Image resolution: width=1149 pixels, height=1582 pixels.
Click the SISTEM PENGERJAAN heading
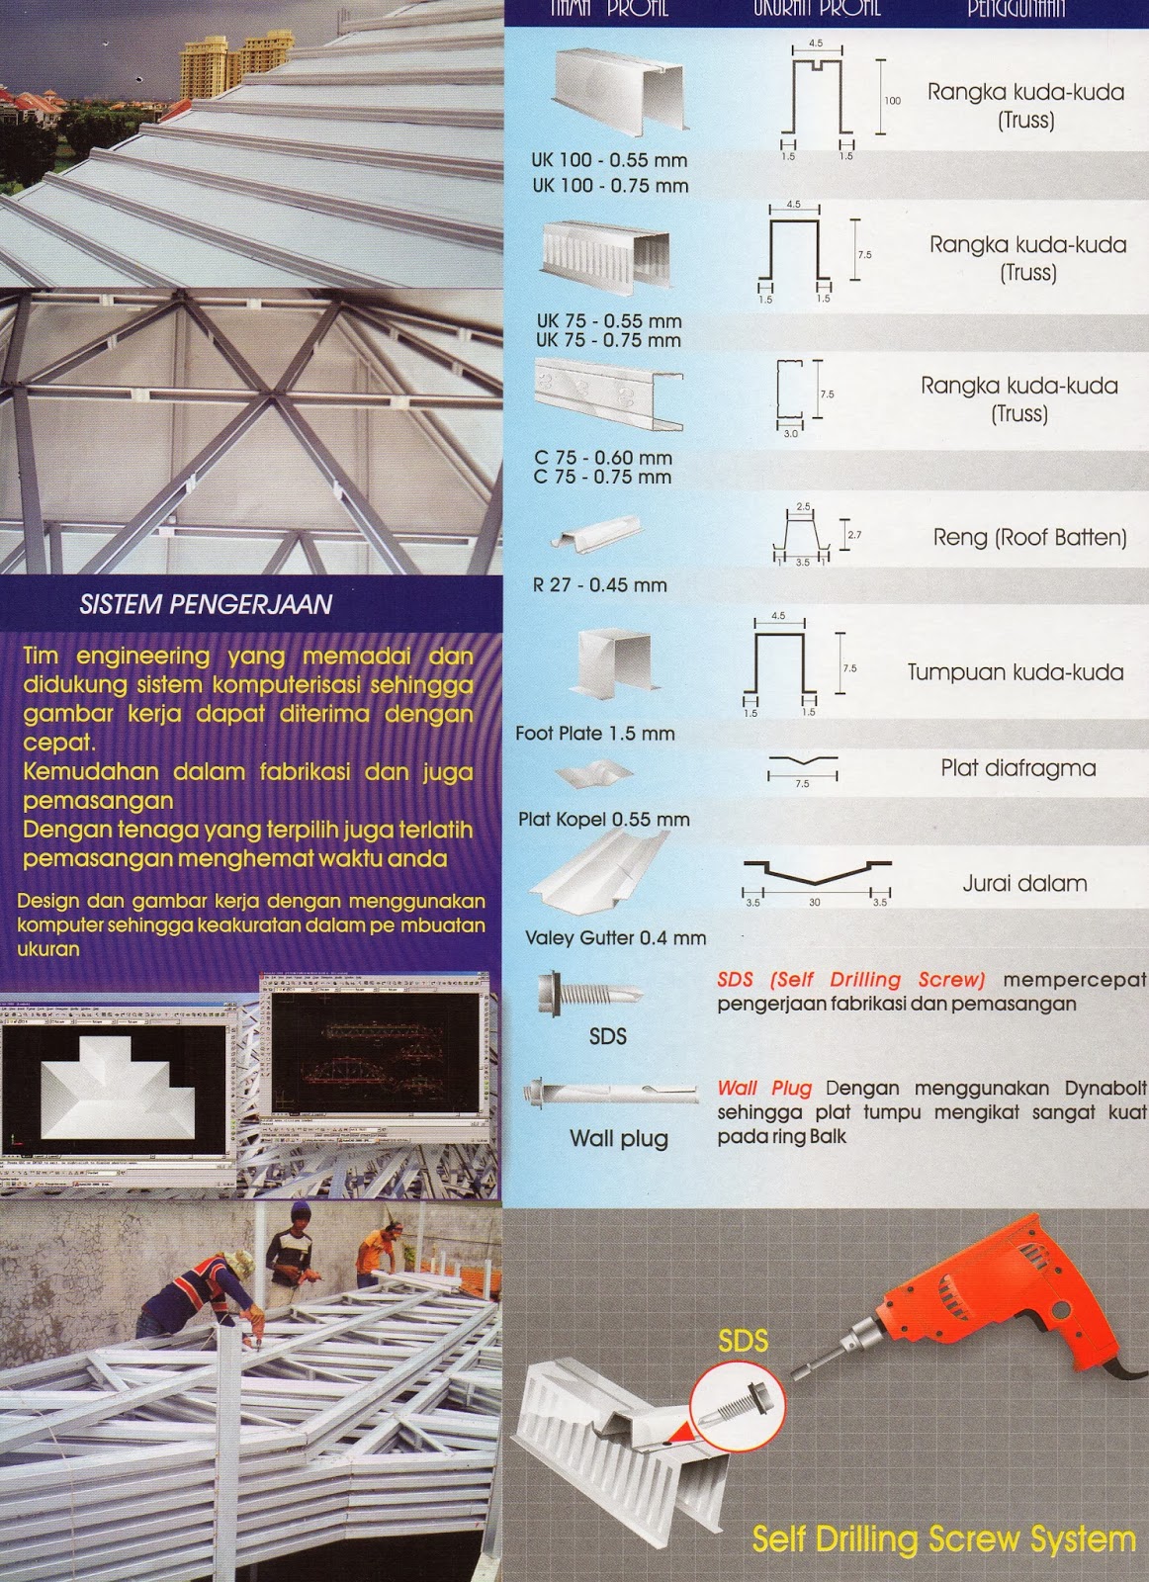coord(206,604)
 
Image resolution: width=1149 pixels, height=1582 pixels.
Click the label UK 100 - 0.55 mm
coord(609,160)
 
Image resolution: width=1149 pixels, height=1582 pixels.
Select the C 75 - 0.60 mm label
coord(603,458)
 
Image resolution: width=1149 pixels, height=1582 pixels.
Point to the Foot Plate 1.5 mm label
coord(595,734)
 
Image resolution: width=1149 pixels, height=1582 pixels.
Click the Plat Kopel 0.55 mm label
coord(604,820)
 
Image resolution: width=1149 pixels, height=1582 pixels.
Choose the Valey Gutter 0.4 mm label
coord(615,938)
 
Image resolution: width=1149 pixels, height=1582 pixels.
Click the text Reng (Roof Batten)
coord(1029,538)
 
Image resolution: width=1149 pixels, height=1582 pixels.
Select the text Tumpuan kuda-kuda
coord(1016,672)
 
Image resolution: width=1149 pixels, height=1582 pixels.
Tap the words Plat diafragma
coord(1017,768)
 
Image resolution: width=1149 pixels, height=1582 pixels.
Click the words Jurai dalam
coord(1024,884)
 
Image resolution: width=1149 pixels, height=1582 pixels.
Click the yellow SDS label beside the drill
coord(744,1342)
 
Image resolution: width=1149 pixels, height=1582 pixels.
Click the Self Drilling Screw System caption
coord(943,1539)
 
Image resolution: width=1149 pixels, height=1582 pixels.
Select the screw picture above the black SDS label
coord(587,993)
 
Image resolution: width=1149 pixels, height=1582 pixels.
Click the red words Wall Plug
coord(764,1089)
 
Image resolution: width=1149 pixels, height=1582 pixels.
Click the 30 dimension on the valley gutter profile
coord(815,903)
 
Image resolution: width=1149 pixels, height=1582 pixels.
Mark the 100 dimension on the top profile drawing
coord(893,101)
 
